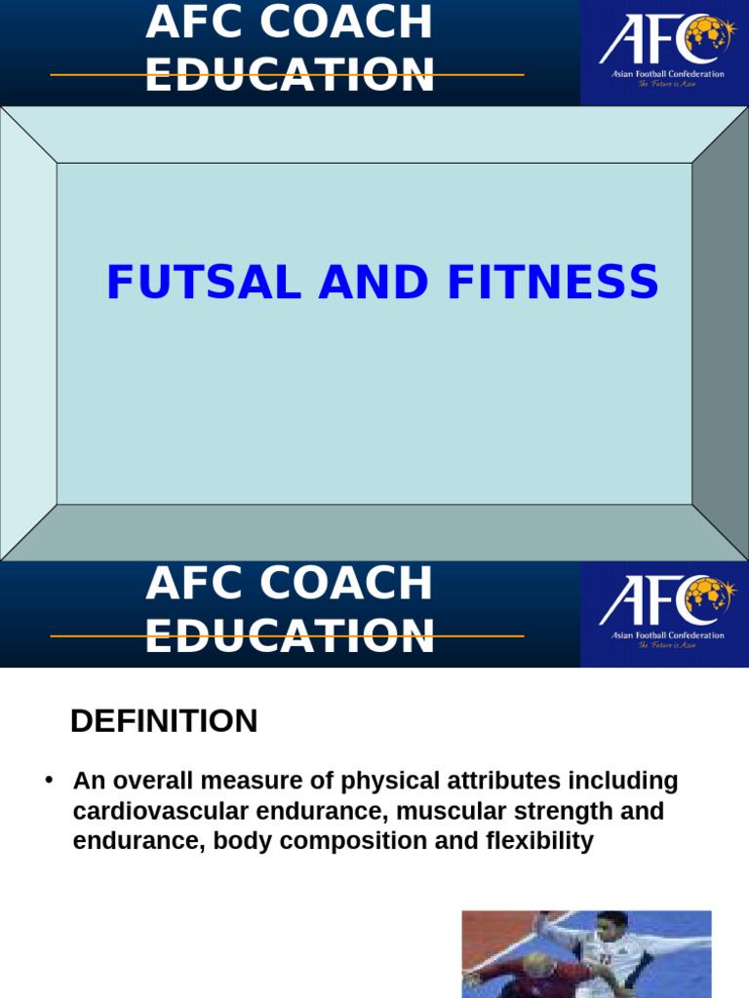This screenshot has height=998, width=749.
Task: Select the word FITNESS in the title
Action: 553,284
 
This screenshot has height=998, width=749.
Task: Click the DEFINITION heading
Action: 164,721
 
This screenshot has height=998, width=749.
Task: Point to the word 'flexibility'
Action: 539,842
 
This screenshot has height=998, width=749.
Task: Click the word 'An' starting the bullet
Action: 88,782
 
